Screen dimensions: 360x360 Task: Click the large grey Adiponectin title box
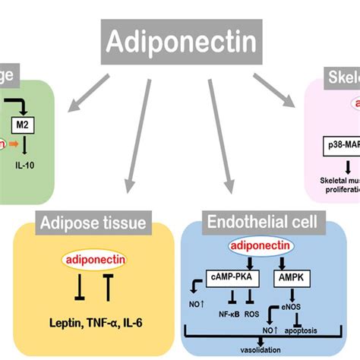point(179,39)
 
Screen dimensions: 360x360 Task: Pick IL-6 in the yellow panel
point(144,322)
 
